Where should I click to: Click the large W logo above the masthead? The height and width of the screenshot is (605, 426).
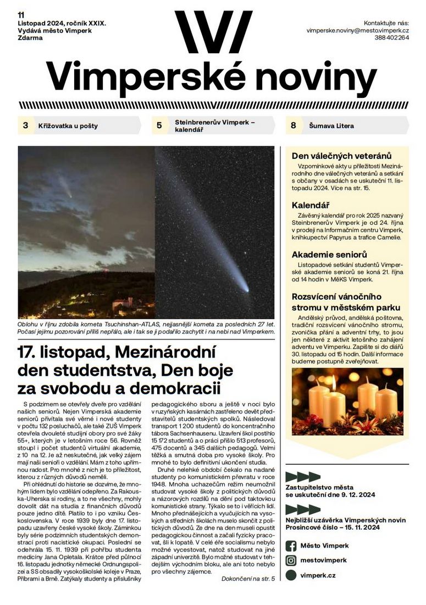(213, 32)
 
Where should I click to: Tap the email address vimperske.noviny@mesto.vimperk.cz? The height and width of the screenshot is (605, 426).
(357, 31)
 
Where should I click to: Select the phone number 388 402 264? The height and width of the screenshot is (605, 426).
(392, 38)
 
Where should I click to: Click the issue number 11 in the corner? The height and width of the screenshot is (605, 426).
(21, 15)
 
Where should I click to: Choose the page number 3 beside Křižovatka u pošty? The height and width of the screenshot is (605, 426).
(25, 125)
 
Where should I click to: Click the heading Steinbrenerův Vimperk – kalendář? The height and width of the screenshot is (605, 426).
(215, 125)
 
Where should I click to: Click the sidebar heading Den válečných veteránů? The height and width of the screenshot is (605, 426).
(341, 156)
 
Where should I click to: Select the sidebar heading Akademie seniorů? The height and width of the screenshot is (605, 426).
(329, 255)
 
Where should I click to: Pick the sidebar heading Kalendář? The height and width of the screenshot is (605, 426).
(310, 205)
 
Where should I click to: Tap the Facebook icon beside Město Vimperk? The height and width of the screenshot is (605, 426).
(291, 546)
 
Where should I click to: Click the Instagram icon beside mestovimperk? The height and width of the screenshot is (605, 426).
(291, 560)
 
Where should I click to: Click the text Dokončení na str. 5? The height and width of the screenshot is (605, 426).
(248, 579)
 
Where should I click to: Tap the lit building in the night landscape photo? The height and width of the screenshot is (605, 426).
(122, 302)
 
